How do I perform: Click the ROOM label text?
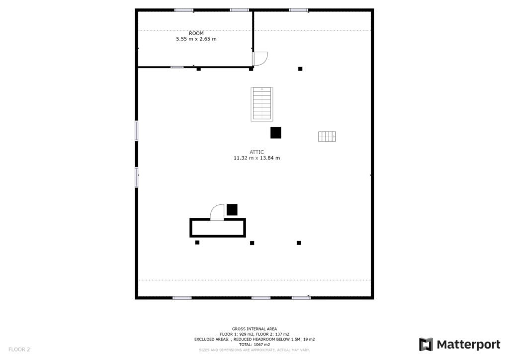click(x=196, y=33)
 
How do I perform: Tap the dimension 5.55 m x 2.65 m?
click(x=196, y=39)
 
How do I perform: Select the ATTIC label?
click(x=256, y=152)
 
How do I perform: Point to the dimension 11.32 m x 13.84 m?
click(x=256, y=158)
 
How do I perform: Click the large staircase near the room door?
click(x=261, y=104)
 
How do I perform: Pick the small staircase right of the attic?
click(x=327, y=136)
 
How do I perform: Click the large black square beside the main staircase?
click(x=275, y=133)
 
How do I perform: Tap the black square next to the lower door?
click(x=232, y=210)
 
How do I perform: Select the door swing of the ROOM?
click(x=260, y=59)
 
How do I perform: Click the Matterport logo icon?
click(x=426, y=345)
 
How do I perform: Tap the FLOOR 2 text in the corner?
click(x=19, y=350)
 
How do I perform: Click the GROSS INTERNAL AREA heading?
click(x=254, y=329)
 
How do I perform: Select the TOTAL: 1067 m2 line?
click(x=254, y=345)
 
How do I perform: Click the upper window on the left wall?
click(x=136, y=131)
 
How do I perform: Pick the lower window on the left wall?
click(x=136, y=177)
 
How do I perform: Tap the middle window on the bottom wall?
click(x=260, y=298)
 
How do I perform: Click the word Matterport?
click(x=468, y=345)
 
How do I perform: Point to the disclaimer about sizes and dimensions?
click(x=254, y=350)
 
